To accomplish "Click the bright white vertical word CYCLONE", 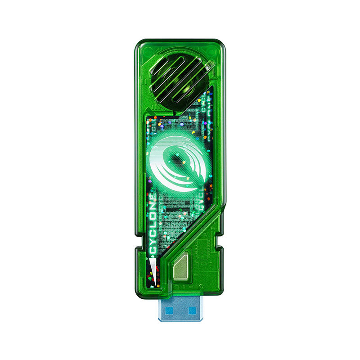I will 153,223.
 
